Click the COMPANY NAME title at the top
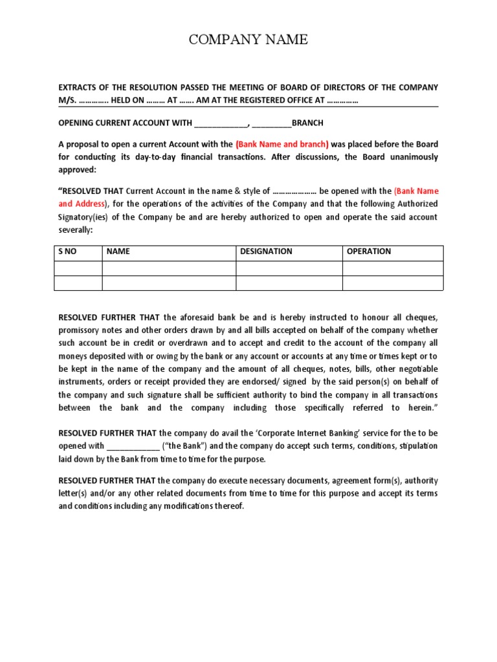248,40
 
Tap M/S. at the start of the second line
67,100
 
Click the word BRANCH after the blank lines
307,123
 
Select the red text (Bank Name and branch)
282,144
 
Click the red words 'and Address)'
82,204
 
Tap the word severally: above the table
76,230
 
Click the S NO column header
67,251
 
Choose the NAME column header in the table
118,251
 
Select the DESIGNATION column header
266,251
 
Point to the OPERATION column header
369,251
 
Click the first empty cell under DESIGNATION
289,268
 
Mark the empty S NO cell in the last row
78,283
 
